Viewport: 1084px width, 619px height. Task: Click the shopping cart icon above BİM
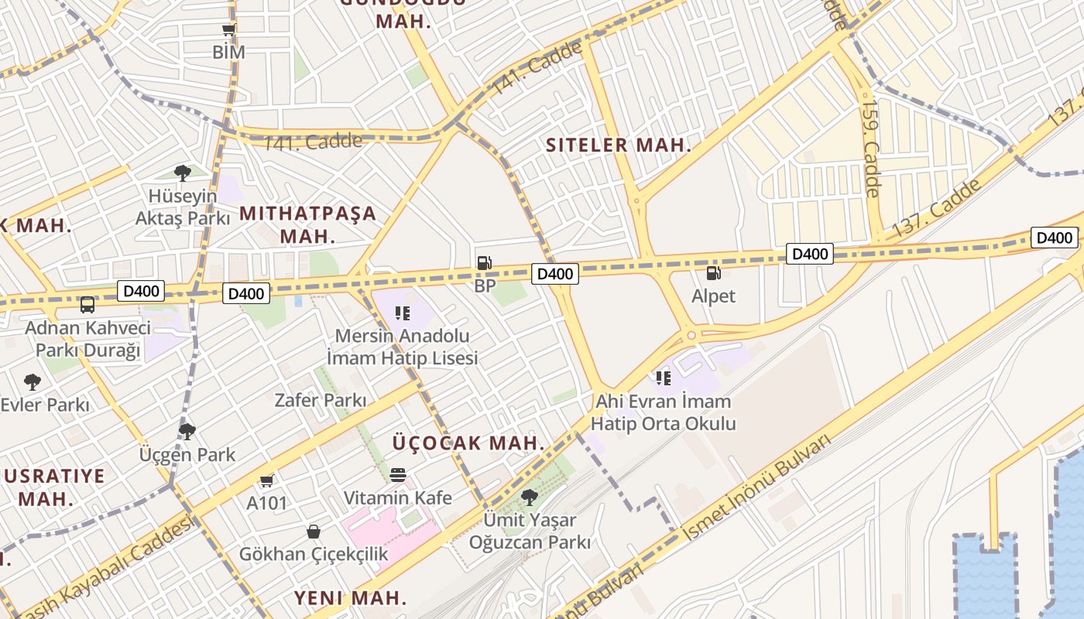point(228,30)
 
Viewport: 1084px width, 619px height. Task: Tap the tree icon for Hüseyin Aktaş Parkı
point(183,173)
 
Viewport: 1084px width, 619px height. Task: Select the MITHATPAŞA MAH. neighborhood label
point(307,224)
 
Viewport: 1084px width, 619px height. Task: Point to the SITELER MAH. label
point(618,145)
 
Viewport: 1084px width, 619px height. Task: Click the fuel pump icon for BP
point(485,263)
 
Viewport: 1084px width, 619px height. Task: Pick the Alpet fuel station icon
point(713,272)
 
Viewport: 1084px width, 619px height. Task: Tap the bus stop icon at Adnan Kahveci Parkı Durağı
point(87,304)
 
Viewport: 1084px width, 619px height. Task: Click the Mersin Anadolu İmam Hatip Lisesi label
point(402,347)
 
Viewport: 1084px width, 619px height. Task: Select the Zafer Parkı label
point(321,400)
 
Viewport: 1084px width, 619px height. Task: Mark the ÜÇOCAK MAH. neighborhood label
point(468,443)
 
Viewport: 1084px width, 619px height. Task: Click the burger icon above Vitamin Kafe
point(398,474)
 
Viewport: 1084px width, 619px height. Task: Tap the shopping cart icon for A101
point(267,480)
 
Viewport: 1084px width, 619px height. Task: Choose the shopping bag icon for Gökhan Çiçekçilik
point(314,532)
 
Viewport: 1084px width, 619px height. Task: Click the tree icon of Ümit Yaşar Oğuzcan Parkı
point(530,496)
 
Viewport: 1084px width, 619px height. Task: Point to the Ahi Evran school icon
point(663,378)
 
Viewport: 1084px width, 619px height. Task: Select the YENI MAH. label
point(350,597)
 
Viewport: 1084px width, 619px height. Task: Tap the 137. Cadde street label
point(937,208)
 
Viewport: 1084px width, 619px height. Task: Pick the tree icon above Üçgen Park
point(187,431)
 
